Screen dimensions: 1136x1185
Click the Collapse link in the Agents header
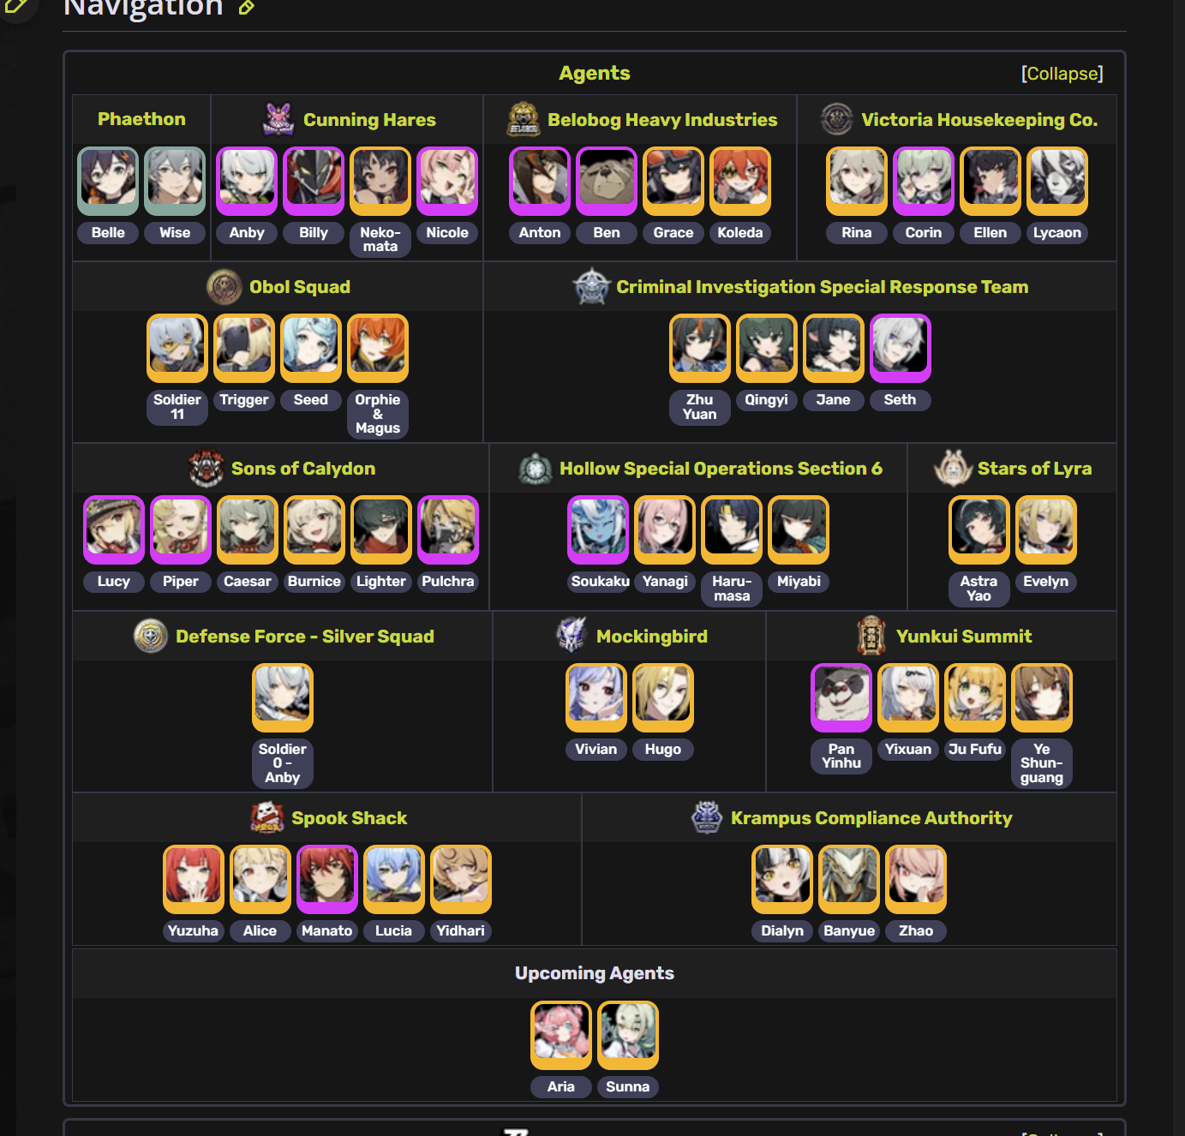(x=1062, y=74)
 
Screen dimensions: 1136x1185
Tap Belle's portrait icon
(x=108, y=180)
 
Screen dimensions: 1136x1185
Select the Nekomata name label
(x=380, y=239)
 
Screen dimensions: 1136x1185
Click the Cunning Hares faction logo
(x=278, y=119)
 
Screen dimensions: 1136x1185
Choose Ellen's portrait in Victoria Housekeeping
(x=990, y=180)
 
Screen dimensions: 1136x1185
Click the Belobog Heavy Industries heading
(x=662, y=120)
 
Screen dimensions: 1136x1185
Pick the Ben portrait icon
(x=607, y=180)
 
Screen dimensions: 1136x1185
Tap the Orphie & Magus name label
(x=378, y=414)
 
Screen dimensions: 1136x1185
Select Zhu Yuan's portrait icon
(x=700, y=347)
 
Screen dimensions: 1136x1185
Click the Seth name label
(x=900, y=400)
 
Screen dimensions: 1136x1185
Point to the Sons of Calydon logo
(x=206, y=468)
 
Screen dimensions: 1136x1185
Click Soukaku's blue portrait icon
(x=598, y=529)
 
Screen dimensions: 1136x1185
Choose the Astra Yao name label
(x=979, y=589)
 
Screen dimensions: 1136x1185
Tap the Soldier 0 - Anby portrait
(x=283, y=697)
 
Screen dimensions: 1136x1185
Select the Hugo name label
(x=663, y=750)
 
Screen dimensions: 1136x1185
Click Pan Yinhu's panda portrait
(x=841, y=697)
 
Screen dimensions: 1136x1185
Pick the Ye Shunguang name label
(x=1042, y=763)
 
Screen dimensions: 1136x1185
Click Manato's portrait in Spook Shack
(x=327, y=878)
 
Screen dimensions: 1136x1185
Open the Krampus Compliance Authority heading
(x=871, y=818)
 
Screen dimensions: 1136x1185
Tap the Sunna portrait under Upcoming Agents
(x=628, y=1034)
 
